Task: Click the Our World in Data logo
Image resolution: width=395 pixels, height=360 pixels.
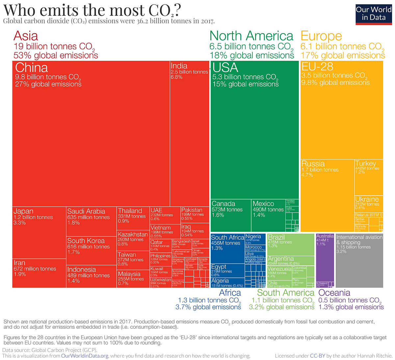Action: point(373,14)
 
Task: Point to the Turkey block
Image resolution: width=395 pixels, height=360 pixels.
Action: point(369,178)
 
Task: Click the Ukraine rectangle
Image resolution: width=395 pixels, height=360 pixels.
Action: point(369,204)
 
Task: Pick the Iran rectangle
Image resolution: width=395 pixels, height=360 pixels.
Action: point(39,273)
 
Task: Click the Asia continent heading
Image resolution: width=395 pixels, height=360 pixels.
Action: point(26,36)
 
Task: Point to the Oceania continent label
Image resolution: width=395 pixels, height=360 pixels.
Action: point(334,293)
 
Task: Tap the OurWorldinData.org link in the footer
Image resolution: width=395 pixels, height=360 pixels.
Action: point(85,356)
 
